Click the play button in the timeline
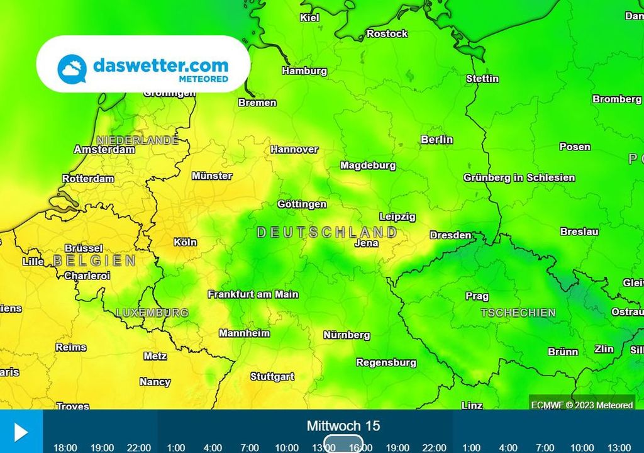[x=21, y=432]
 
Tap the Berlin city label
[x=436, y=140]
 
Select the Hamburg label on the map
[x=304, y=71]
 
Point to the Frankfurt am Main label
[x=253, y=294]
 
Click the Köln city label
[x=185, y=242]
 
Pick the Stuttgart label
[x=272, y=377]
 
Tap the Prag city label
[x=477, y=296]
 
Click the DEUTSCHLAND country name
[x=327, y=233]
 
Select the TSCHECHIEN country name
[x=518, y=313]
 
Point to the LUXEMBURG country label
[x=152, y=313]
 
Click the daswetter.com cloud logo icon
[x=72, y=68]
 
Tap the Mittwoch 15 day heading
[x=343, y=426]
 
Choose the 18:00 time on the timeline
[x=65, y=447]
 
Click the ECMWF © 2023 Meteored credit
[x=582, y=405]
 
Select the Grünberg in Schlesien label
[x=519, y=178]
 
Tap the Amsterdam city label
[x=104, y=150]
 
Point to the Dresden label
[x=450, y=235]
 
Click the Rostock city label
[x=387, y=34]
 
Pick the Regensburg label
[x=386, y=363]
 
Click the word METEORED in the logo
[x=203, y=79]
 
